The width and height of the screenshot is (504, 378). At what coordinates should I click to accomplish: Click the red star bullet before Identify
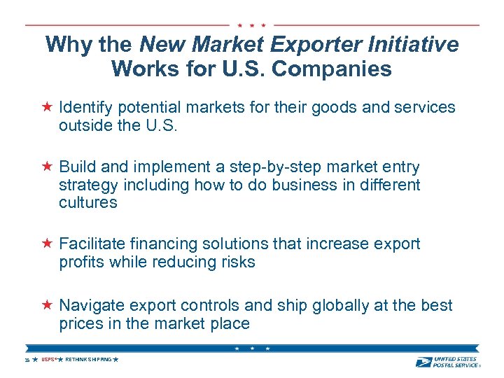point(46,107)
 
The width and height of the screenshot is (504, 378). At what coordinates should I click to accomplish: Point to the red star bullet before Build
point(46,167)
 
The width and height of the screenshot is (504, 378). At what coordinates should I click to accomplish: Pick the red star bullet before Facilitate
point(46,244)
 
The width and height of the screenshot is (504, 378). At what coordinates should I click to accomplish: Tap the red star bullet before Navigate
point(46,305)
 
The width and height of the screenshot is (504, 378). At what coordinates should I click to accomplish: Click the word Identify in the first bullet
point(86,107)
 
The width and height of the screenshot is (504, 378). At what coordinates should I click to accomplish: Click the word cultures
point(88,203)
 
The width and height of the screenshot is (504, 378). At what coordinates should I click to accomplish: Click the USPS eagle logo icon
point(423,361)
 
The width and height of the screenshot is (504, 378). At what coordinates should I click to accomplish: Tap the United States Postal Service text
point(456,361)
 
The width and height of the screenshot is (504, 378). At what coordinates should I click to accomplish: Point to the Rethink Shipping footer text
point(88,359)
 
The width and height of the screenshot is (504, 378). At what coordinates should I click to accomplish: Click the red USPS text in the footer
point(48,359)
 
